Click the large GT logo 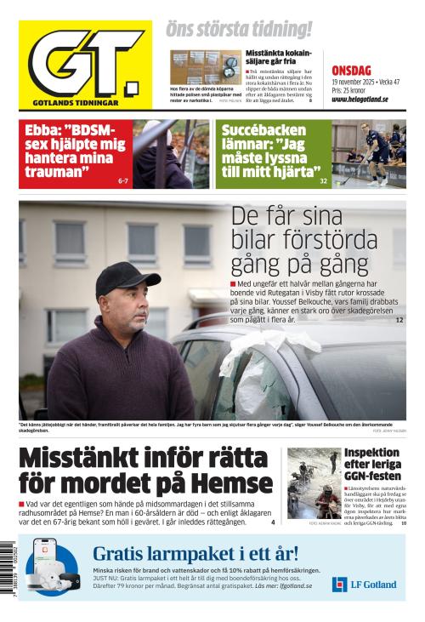(85, 65)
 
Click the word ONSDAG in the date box (351, 71)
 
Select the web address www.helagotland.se (360, 99)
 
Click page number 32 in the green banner (323, 181)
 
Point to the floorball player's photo (369, 153)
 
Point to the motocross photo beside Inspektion (313, 482)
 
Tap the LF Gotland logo (364, 584)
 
